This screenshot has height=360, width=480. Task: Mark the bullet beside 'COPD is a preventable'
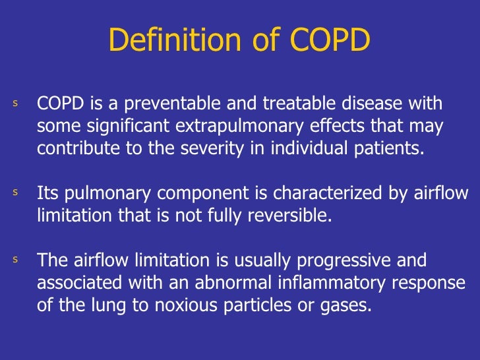coord(15,104)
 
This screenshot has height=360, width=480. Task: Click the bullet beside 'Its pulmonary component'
coord(15,193)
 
